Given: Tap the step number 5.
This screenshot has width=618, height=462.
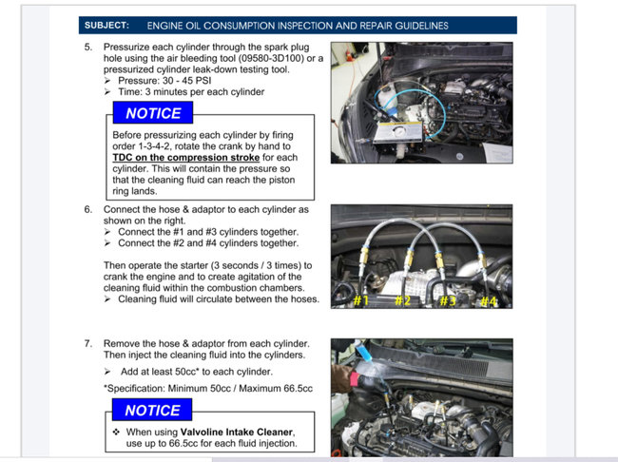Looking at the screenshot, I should (88, 47).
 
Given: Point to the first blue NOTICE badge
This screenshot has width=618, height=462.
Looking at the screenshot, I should (153, 113).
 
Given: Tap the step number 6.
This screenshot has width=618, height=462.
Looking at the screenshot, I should (88, 209).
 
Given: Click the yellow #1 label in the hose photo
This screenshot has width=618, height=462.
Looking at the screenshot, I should (360, 301).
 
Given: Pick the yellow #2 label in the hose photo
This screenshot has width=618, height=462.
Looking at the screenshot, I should (402, 301).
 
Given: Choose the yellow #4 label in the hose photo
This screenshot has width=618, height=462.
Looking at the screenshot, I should (488, 301).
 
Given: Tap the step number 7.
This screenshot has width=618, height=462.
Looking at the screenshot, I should (88, 343).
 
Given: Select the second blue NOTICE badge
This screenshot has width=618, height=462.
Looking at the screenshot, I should (153, 410).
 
